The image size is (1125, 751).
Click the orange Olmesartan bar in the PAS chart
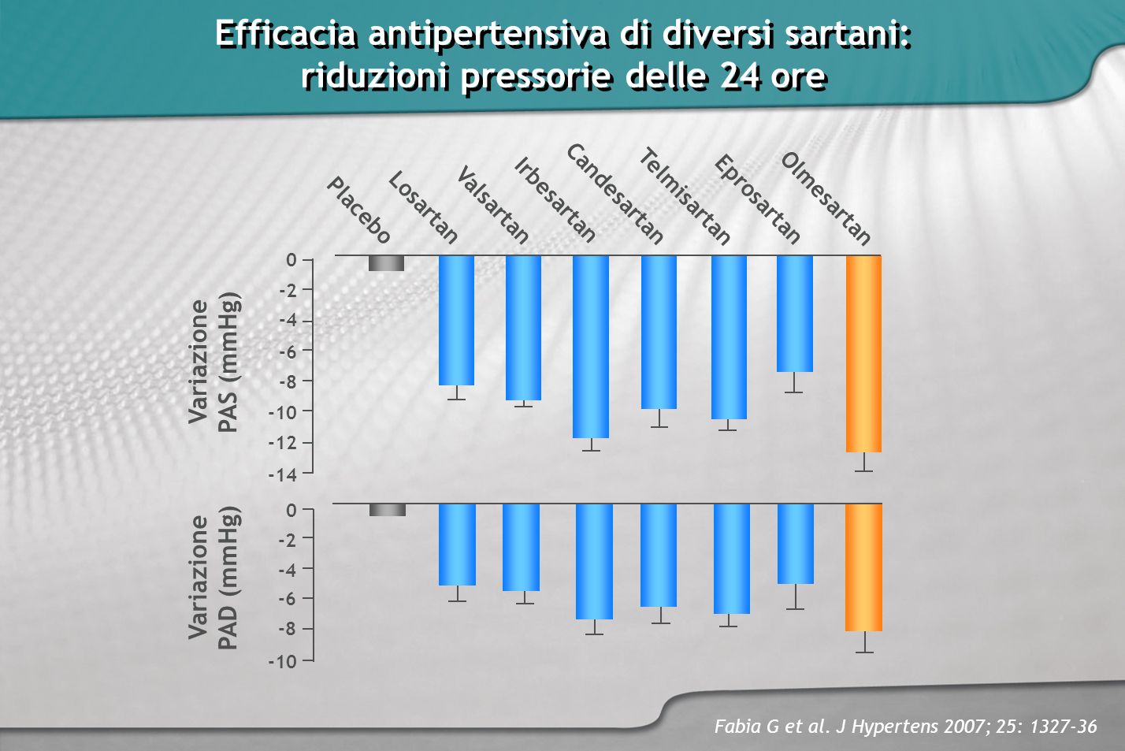click(863, 354)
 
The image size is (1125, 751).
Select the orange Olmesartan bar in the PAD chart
click(863, 567)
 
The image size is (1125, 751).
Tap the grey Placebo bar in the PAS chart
click(386, 263)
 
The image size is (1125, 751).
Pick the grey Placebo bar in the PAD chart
click(388, 510)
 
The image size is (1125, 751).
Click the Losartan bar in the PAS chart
click(456, 321)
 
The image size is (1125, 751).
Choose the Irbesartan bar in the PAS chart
click(591, 347)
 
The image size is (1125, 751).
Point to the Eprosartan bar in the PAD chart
click(796, 544)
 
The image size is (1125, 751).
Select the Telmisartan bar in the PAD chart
click(732, 559)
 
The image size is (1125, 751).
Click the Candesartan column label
click(614, 194)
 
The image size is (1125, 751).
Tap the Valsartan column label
click(492, 205)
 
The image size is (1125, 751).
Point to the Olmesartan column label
click(825, 199)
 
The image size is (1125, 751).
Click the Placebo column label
click(358, 210)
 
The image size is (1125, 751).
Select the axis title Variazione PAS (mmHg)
click(214, 362)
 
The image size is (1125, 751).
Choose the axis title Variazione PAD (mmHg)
click(214, 578)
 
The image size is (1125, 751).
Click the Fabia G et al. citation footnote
click(905, 727)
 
